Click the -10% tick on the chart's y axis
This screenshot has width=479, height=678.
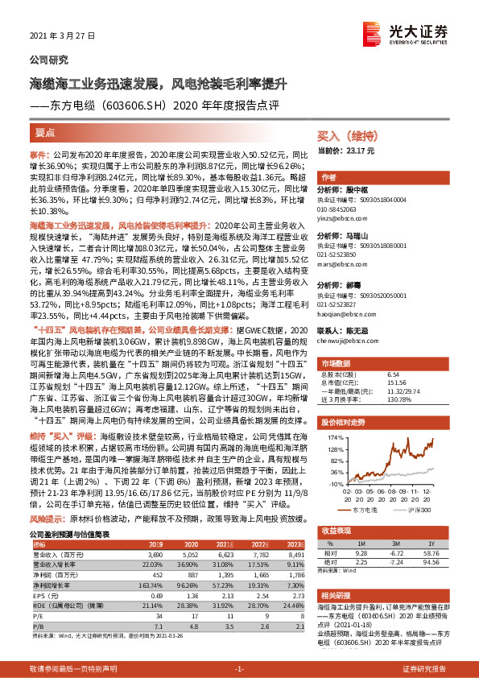click(x=334, y=484)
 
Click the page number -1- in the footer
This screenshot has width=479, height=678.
click(x=239, y=669)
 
